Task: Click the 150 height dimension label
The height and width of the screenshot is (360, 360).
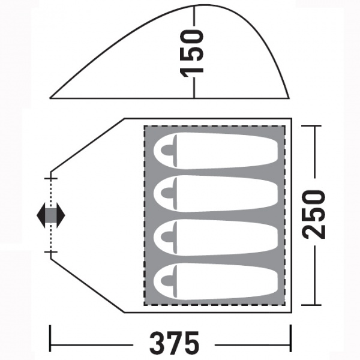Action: (191, 53)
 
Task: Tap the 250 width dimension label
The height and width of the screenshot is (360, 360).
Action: (314, 214)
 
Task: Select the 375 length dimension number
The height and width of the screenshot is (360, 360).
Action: (174, 343)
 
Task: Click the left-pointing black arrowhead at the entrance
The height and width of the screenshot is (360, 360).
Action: (41, 215)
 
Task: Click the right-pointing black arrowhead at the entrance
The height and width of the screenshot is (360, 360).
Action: (61, 215)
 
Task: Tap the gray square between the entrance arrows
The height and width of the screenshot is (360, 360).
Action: (51, 215)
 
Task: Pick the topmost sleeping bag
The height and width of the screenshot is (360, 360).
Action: (216, 151)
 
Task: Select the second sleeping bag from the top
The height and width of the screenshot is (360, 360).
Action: (216, 194)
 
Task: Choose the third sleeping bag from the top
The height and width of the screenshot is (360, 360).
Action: (216, 238)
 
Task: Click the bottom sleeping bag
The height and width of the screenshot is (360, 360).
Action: (216, 281)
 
